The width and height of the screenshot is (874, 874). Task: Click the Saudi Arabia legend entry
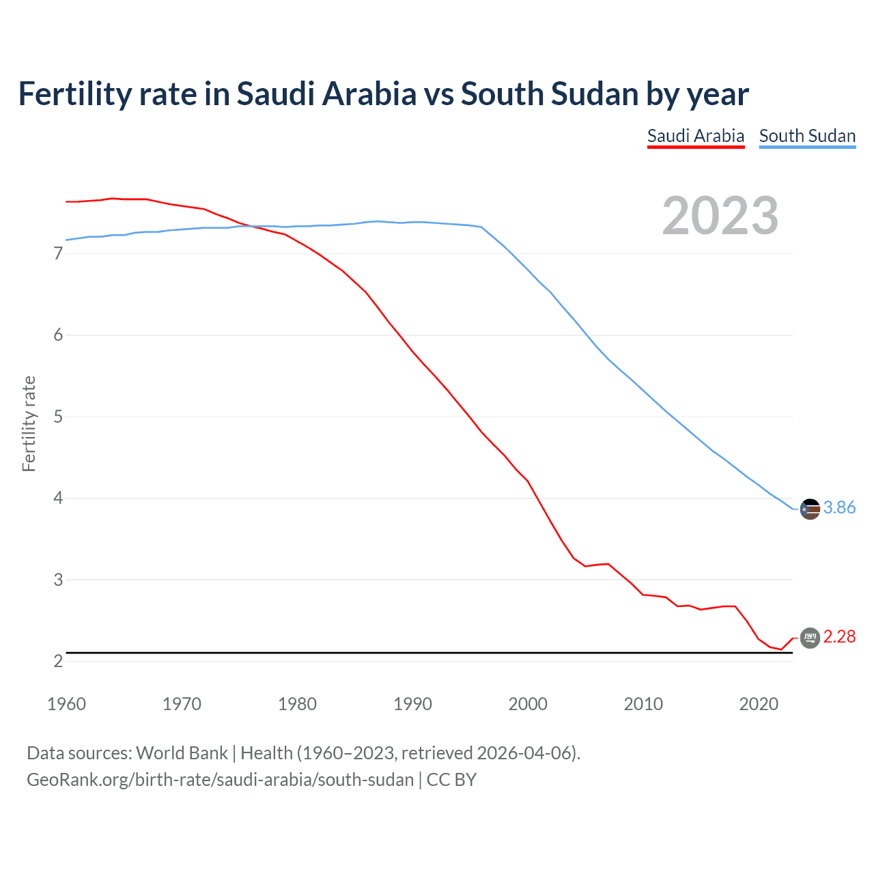pos(695,136)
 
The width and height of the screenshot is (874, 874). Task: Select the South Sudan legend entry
pos(807,136)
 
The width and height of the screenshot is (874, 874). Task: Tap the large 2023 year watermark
pos(720,216)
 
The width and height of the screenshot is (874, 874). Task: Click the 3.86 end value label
pos(839,507)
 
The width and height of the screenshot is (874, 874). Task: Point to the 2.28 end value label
pos(839,636)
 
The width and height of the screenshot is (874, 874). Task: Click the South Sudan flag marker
pos(810,509)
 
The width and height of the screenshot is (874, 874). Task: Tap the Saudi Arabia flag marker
pos(810,638)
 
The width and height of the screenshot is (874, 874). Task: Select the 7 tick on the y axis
pos(58,254)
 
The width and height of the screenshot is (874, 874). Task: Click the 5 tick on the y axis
pos(58,417)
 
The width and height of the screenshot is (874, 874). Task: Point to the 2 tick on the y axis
pos(58,661)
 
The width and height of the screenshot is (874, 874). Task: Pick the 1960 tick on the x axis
pos(66,704)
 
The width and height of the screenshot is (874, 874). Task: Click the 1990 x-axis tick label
pos(412,704)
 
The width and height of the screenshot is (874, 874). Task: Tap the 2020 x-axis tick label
pos(759,704)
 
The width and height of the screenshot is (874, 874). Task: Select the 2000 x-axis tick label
pos(528,704)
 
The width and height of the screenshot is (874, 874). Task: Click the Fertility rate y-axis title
pos(29,423)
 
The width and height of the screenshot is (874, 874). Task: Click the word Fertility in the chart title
pos(74,94)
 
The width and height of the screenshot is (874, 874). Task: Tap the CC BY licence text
pos(451,780)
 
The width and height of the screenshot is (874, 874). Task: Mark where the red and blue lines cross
pos(251,226)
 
